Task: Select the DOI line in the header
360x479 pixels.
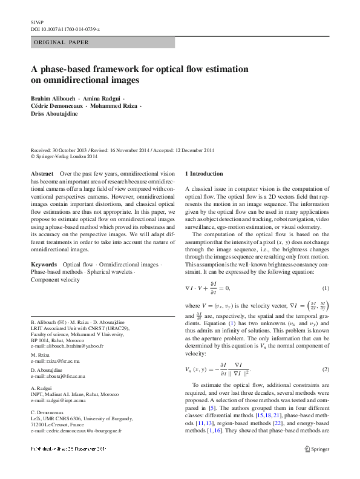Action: point(65,28)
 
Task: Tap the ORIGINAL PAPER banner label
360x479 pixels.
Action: point(61,42)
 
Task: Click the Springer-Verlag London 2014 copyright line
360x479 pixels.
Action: point(66,156)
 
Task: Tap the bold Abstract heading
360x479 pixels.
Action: point(42,174)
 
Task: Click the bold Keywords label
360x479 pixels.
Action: point(44,265)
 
